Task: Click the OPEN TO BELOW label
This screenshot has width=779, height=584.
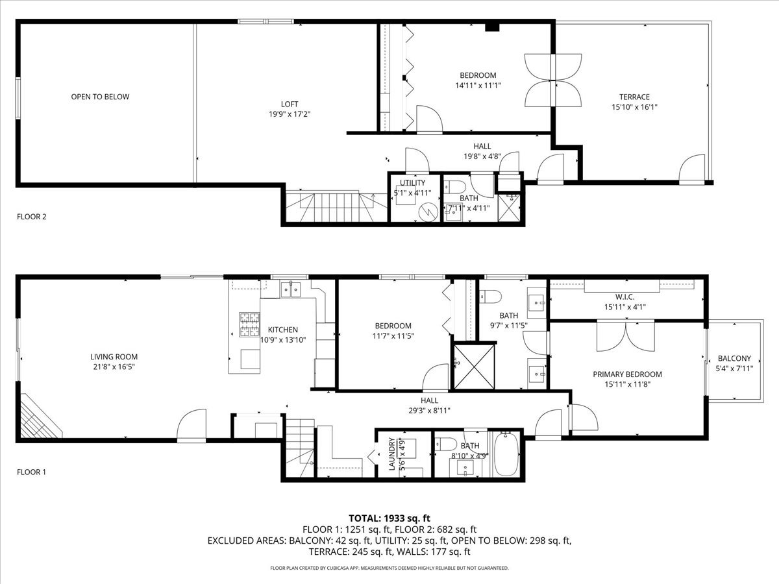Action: click(x=100, y=97)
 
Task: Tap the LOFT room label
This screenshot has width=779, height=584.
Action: click(x=290, y=104)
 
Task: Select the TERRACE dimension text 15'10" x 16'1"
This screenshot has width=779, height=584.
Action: click(x=634, y=107)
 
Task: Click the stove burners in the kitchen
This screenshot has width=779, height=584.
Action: click(x=249, y=324)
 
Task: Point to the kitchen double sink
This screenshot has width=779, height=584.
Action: click(x=291, y=289)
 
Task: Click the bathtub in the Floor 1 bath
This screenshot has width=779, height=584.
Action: click(x=506, y=454)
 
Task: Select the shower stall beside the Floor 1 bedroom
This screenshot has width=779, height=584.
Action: click(x=474, y=367)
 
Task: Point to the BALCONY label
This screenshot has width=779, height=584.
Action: click(x=734, y=358)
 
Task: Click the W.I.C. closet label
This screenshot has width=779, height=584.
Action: click(x=624, y=297)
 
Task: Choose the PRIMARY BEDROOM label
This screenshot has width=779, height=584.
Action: click(x=627, y=374)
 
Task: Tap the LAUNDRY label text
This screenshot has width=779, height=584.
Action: click(x=392, y=454)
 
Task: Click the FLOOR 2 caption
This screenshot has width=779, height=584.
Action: click(x=32, y=217)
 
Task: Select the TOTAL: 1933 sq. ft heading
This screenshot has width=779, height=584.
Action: click(x=389, y=518)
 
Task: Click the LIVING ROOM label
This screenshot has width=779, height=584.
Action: click(x=114, y=357)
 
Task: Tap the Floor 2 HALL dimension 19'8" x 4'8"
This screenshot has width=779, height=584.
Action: click(x=482, y=156)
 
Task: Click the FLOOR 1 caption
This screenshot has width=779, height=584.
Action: click(x=32, y=472)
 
